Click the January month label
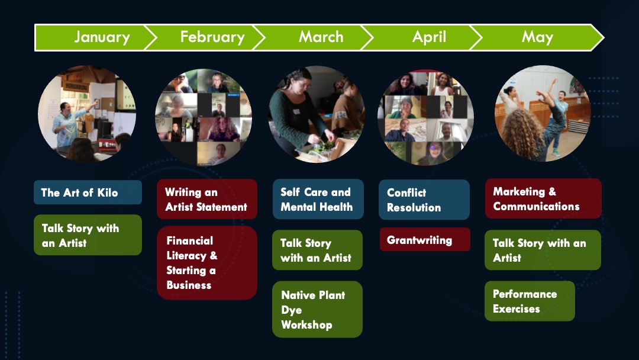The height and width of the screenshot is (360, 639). pyautogui.click(x=102, y=37)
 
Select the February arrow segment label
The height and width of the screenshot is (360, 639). pyautogui.click(x=212, y=37)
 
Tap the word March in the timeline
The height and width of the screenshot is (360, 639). pyautogui.click(x=321, y=37)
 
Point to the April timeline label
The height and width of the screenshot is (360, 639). pyautogui.click(x=429, y=37)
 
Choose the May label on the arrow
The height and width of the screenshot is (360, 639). pyautogui.click(x=537, y=37)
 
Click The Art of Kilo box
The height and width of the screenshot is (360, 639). pyautogui.click(x=88, y=192)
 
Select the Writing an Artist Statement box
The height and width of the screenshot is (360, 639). pyautogui.click(x=207, y=200)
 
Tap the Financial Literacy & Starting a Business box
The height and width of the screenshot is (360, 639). pyautogui.click(x=207, y=263)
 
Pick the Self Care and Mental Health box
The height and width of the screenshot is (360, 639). pyautogui.click(x=318, y=200)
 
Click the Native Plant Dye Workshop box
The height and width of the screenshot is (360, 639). pyautogui.click(x=317, y=310)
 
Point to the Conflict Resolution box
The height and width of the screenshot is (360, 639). pyautogui.click(x=424, y=200)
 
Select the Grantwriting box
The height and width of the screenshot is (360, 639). pyautogui.click(x=425, y=239)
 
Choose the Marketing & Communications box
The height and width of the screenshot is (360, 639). pyautogui.click(x=543, y=198)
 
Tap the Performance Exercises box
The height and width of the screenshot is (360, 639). pyautogui.click(x=530, y=301)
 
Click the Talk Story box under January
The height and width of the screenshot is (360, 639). pyautogui.click(x=88, y=235)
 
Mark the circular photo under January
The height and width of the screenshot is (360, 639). pyautogui.click(x=87, y=114)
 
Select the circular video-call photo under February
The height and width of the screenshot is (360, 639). pyautogui.click(x=204, y=117)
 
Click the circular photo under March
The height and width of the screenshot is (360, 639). pyautogui.click(x=317, y=114)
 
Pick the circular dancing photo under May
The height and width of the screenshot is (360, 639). pyautogui.click(x=543, y=114)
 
